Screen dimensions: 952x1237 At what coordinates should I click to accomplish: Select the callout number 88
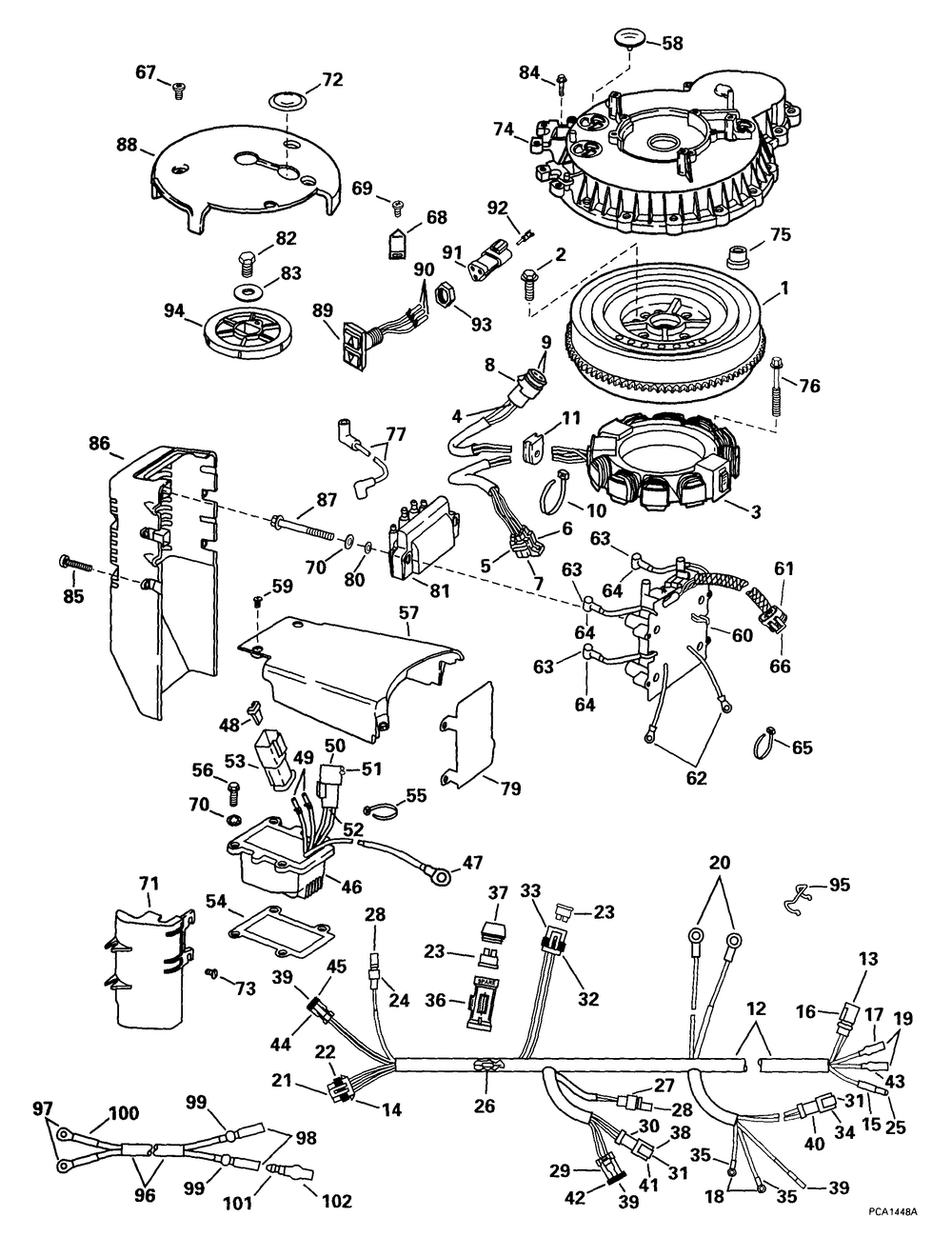tap(126, 145)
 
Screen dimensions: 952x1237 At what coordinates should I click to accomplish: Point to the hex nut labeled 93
tap(444, 296)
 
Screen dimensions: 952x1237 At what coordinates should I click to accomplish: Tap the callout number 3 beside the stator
tap(755, 511)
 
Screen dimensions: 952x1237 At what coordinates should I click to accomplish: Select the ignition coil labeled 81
tap(423, 535)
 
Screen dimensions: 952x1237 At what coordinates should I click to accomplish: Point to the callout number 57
tap(408, 612)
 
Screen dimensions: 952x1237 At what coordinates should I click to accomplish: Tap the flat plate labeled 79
tap(466, 735)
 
